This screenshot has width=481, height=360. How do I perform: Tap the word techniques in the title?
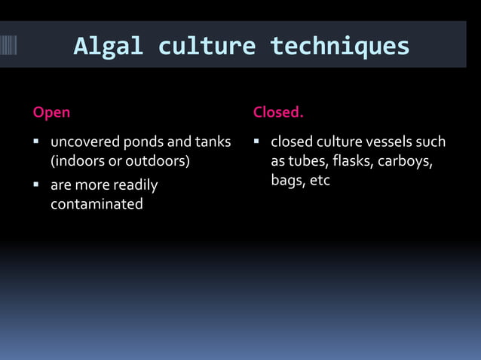339,47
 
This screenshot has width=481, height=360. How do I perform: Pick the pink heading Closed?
278,113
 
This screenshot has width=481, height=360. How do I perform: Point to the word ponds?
144,142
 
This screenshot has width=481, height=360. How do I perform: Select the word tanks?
213,142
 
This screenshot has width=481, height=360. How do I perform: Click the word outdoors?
158,162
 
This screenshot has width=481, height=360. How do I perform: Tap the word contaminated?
97,204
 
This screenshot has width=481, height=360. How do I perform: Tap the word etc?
320,182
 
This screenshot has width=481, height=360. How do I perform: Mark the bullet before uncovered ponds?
36,142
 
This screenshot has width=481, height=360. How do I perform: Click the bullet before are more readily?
36,185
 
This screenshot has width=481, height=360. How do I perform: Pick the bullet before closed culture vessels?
257,142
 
